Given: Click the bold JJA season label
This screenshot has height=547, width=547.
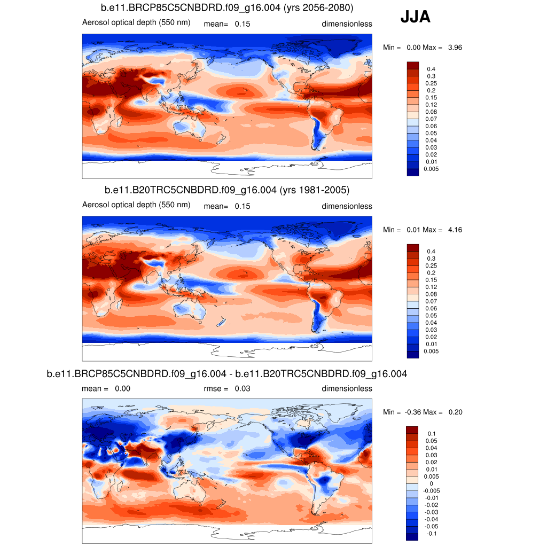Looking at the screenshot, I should [x=415, y=18].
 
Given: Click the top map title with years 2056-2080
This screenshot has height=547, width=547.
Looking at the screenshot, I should [x=227, y=7].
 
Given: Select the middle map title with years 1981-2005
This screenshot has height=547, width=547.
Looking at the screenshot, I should [x=227, y=190].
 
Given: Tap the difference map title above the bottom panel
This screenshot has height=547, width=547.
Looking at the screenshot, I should [x=227, y=374].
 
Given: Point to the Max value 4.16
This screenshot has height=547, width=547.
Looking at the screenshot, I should [x=455, y=230].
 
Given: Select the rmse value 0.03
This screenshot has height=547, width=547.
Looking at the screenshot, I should [x=243, y=388].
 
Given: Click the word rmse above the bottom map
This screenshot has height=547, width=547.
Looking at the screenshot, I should [x=213, y=388].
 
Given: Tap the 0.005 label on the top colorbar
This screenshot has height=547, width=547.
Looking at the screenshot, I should [x=431, y=169].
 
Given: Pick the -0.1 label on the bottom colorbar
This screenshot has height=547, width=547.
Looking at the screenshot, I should [x=431, y=534].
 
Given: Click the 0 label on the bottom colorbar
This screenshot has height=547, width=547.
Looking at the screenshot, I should [x=431, y=483].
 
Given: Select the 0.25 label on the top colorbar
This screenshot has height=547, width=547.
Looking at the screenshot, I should [x=431, y=83].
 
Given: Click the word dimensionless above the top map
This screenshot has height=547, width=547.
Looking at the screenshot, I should [x=347, y=24].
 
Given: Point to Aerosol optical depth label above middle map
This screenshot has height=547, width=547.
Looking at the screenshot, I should [x=136, y=205].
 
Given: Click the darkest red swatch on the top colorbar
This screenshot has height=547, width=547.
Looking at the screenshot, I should [x=413, y=65].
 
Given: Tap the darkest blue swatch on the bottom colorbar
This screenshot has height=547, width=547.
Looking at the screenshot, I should [x=413, y=536].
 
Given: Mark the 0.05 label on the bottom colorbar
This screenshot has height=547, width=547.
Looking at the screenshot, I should [x=431, y=441].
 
